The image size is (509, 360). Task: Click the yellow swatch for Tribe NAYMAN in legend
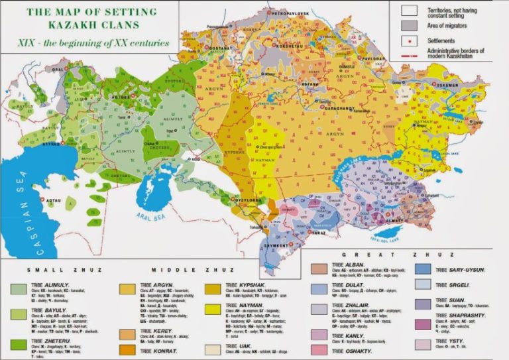(214, 308)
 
